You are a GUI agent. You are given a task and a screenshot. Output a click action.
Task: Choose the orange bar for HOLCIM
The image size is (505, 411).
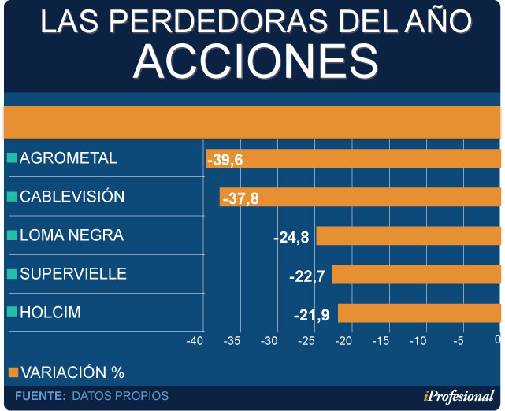419,313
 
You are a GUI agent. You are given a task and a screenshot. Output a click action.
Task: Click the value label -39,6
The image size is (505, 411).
225,160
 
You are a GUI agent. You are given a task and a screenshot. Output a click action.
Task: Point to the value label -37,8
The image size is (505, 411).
240,198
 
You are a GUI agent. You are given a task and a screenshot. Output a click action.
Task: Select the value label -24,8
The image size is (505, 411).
291,236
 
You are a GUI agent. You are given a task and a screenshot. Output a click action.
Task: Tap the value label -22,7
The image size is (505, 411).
306,276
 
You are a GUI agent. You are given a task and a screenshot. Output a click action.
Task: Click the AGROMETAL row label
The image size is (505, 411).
68,158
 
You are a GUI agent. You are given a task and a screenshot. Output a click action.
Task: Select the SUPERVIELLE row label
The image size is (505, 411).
72,274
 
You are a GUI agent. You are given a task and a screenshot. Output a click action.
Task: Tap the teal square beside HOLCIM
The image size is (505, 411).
11,312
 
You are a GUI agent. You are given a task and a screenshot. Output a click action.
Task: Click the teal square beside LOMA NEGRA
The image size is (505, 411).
11,235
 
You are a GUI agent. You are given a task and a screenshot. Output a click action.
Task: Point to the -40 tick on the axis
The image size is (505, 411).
195,341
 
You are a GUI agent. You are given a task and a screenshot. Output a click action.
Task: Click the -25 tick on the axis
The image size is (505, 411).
306,341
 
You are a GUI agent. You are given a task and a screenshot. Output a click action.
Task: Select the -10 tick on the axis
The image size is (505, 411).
418,341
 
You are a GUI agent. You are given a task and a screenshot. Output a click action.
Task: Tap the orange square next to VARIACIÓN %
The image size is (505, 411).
12,372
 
